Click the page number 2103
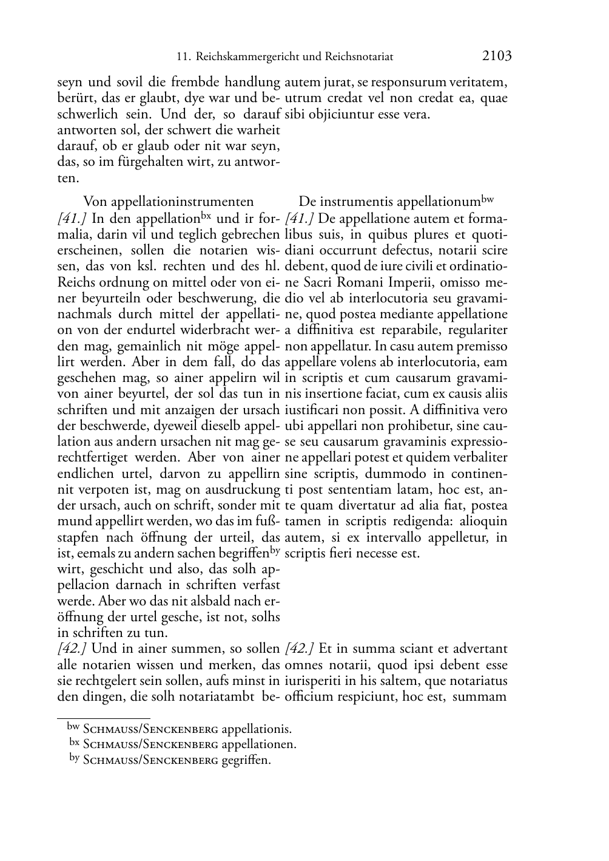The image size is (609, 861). click(x=497, y=56)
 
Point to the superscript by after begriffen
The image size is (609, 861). click(x=275, y=550)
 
